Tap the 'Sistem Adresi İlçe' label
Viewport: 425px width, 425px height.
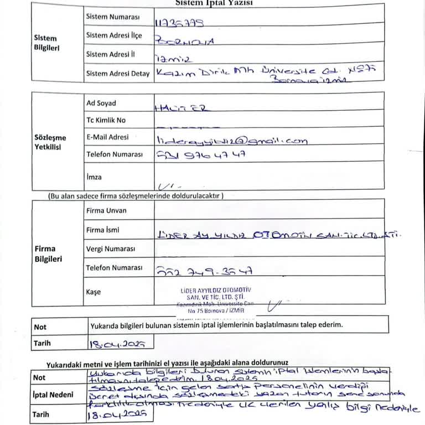pos(114,35)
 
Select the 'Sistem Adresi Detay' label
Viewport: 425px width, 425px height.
pos(118,73)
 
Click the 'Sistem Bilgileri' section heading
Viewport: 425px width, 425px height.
pos(46,43)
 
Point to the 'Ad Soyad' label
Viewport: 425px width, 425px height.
pos(101,103)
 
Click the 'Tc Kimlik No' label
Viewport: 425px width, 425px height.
pos(106,120)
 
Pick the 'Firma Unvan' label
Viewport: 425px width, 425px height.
pos(106,210)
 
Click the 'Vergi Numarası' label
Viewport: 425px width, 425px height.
pos(111,249)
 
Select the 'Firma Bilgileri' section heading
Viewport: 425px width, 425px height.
pos(48,253)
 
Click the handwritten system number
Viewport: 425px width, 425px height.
pos(180,23)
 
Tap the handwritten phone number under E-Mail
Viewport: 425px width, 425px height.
pos(201,156)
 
